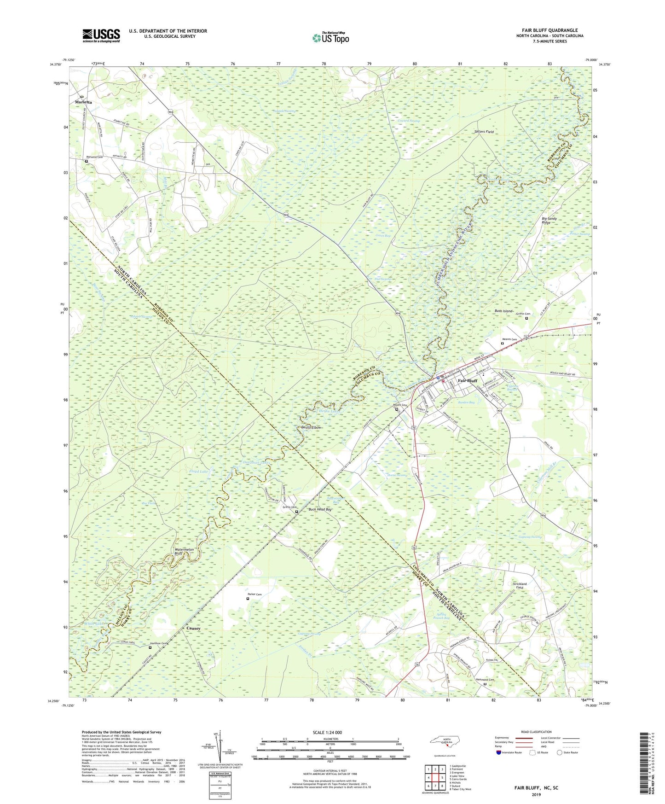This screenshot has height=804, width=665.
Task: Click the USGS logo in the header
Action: click(101, 35)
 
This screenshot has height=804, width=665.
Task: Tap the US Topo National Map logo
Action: click(330, 38)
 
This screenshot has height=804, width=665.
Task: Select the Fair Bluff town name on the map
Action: click(467, 381)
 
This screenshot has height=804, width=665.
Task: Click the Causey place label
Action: click(193, 628)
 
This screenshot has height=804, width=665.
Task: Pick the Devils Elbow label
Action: click(311, 427)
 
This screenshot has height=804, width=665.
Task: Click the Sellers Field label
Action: click(484, 132)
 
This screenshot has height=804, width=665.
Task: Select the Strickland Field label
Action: click(520, 586)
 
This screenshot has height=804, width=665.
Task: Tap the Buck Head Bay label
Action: click(320, 509)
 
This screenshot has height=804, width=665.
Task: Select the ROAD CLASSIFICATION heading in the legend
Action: click(536, 732)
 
